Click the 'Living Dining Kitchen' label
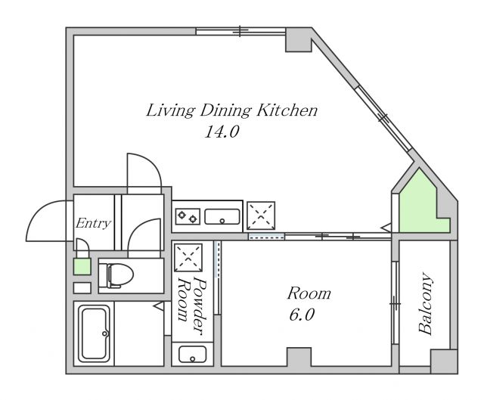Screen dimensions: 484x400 point(231,110)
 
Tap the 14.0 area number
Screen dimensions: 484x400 point(222,132)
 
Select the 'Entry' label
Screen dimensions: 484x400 point(93,223)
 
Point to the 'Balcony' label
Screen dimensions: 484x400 point(426,303)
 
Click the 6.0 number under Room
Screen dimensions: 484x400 point(302,315)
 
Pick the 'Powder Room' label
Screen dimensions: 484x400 point(191,304)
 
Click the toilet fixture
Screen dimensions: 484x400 point(120,275)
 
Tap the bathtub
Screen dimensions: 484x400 point(94,333)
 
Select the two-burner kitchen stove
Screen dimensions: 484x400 point(188,216)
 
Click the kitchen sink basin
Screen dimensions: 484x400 point(222,216)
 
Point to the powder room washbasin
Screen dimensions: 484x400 point(193,354)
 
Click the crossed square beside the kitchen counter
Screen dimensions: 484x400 point(261,216)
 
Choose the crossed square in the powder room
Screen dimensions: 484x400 point(188,257)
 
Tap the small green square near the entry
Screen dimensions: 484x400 point(82,267)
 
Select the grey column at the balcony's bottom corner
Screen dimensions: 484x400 point(444,361)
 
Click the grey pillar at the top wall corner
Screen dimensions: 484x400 point(298,40)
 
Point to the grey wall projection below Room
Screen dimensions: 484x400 point(299,357)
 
